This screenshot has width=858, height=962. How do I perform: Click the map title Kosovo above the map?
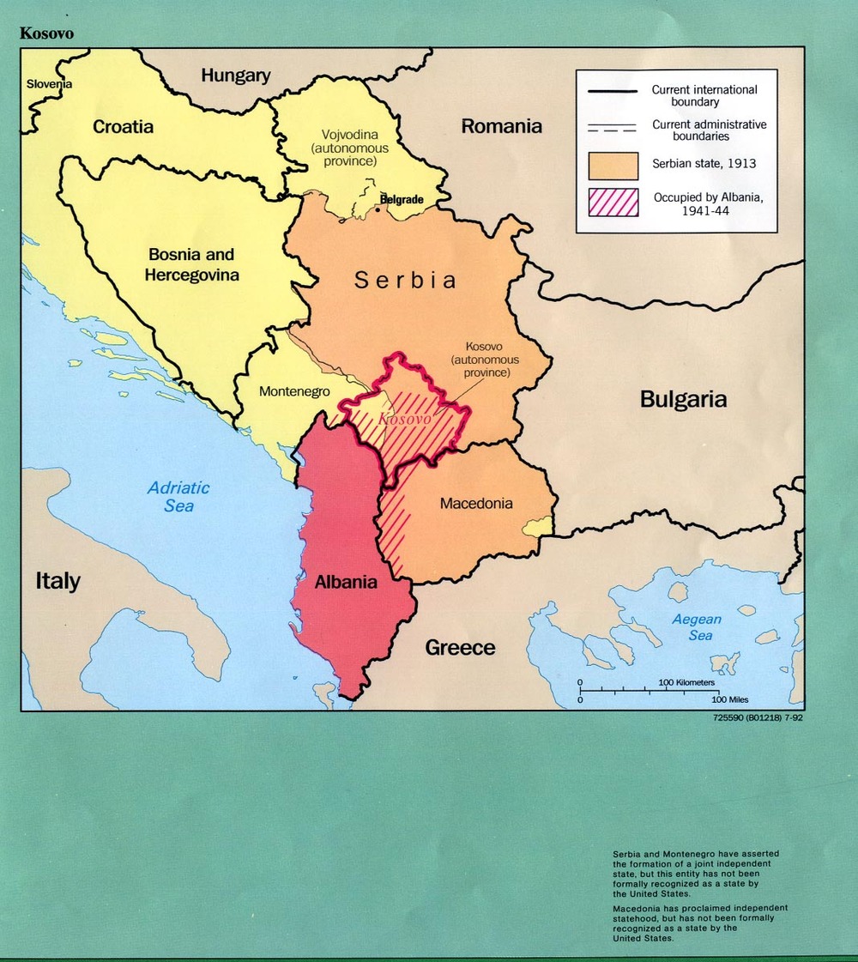pyautogui.click(x=47, y=33)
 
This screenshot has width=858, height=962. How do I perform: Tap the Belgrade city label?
pyautogui.click(x=402, y=199)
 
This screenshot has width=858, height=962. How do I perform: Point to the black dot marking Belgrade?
pyautogui.click(x=378, y=208)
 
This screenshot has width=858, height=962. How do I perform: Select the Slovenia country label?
pyautogui.click(x=49, y=84)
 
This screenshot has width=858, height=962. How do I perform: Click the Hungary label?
pyautogui.click(x=235, y=76)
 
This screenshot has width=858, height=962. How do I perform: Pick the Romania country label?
pyautogui.click(x=502, y=126)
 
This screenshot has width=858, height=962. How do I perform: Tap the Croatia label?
pyautogui.click(x=123, y=127)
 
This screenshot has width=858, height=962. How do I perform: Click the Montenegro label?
pyautogui.click(x=294, y=390)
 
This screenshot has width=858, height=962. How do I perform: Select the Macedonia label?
pyautogui.click(x=476, y=503)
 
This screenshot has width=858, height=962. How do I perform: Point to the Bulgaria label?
pyautogui.click(x=683, y=399)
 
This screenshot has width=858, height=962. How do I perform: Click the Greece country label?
pyautogui.click(x=460, y=647)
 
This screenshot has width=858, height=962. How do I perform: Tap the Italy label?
pyautogui.click(x=57, y=581)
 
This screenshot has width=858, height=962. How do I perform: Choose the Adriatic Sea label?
pyautogui.click(x=178, y=497)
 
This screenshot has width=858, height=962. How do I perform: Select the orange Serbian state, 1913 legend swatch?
pyautogui.click(x=613, y=166)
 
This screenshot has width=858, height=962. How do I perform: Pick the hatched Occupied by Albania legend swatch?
pyautogui.click(x=613, y=203)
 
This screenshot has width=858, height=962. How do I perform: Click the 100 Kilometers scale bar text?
pyautogui.click(x=686, y=682)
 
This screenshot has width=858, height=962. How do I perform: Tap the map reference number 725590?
pyautogui.click(x=729, y=719)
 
